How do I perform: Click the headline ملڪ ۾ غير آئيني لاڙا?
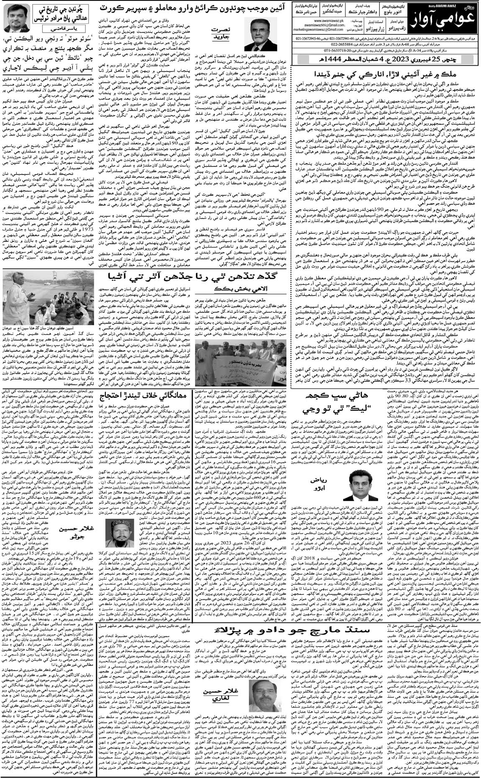click(x=390, y=75)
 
